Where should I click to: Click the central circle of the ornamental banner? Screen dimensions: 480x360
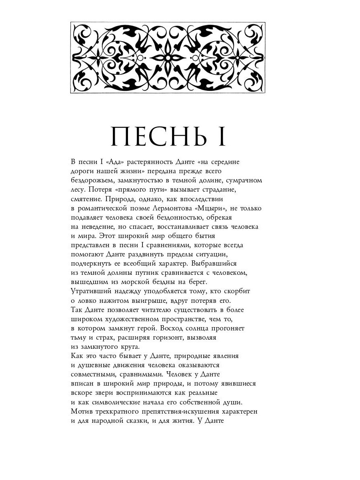click(x=168, y=58)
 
